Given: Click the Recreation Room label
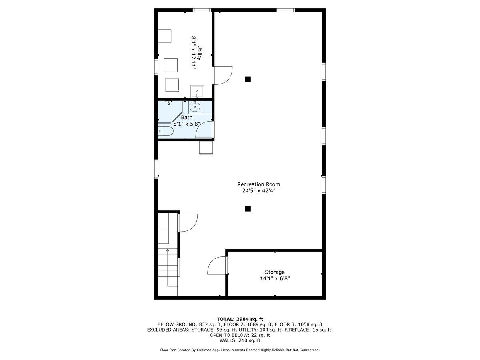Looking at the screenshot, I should point(258,184).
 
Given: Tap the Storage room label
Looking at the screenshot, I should point(275,272).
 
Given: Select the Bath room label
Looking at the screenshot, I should point(186,117).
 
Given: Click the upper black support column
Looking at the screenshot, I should point(248,79).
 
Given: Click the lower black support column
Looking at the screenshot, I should point(248,209).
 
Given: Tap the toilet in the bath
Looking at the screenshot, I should point(165,131).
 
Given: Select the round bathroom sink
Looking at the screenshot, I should point(195,107).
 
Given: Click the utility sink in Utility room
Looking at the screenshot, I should point(197,92).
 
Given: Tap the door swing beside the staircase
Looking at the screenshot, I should point(188,222).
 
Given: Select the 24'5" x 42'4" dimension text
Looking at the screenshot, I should point(258,191).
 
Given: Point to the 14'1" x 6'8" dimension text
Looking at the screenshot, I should point(275,279).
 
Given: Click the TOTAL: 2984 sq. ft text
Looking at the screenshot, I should point(240,319).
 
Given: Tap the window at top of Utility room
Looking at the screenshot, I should point(202,10).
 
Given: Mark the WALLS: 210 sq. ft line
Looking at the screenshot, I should point(240,340).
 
